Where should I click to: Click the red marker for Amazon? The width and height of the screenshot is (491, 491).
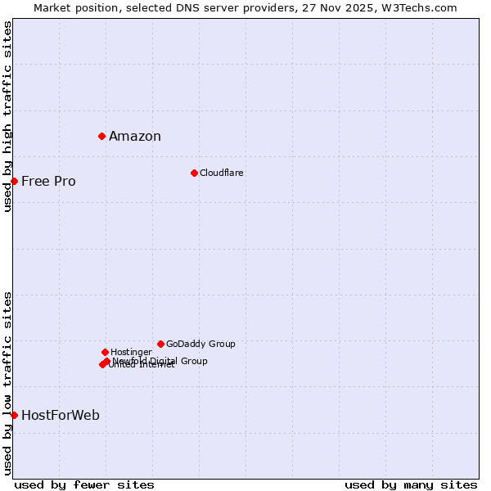(101, 136)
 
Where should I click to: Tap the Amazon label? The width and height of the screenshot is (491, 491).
(135, 137)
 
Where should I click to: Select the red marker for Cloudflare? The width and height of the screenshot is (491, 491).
(194, 173)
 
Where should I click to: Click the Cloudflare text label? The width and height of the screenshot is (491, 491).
(222, 173)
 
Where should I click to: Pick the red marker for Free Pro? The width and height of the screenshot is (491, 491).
(14, 181)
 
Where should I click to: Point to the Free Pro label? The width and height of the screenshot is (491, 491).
(48, 182)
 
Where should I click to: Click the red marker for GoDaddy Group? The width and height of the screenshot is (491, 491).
(160, 344)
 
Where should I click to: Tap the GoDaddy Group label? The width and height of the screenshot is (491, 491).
(200, 344)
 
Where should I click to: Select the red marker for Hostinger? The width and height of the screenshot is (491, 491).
(105, 352)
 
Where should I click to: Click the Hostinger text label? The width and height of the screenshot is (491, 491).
(131, 352)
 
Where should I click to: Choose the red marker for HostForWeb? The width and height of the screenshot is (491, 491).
(14, 415)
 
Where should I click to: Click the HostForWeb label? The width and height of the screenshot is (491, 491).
(61, 416)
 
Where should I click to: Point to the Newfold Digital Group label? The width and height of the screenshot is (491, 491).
(161, 360)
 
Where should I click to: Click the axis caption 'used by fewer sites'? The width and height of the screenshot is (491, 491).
(84, 484)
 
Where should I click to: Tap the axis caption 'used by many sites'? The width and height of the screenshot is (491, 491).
(411, 484)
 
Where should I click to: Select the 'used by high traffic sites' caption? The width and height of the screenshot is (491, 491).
(7, 116)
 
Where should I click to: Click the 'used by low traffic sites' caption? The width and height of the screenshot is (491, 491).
(7, 382)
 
